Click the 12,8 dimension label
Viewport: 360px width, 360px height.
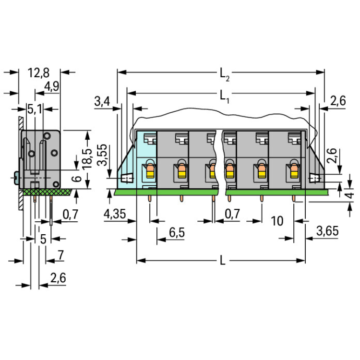click(x=38, y=73)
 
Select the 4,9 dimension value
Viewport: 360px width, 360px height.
click(x=52, y=86)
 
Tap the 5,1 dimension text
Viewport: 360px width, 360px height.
click(x=35, y=109)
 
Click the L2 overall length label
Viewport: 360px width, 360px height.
click(x=225, y=74)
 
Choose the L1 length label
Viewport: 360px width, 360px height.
click(x=225, y=96)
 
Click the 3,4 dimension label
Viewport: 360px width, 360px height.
click(x=102, y=101)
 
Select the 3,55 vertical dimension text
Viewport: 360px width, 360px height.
click(x=102, y=155)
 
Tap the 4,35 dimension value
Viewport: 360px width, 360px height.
click(x=115, y=214)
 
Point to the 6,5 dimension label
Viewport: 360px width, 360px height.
click(x=177, y=232)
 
